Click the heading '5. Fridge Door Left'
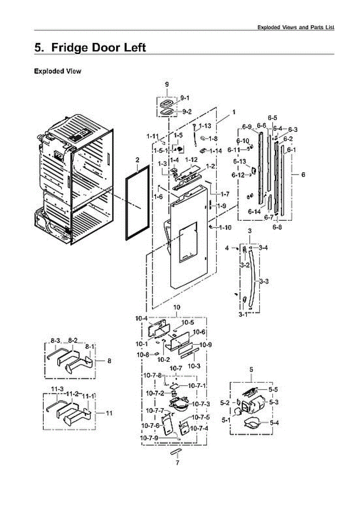90,48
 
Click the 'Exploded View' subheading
57,71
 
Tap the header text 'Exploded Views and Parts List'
296,27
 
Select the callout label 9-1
185,98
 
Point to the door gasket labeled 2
137,204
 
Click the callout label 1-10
225,228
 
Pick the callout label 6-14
254,212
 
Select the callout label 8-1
89,347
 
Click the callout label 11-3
57,389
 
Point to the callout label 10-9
206,345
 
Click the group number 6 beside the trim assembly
303,174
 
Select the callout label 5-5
273,389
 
